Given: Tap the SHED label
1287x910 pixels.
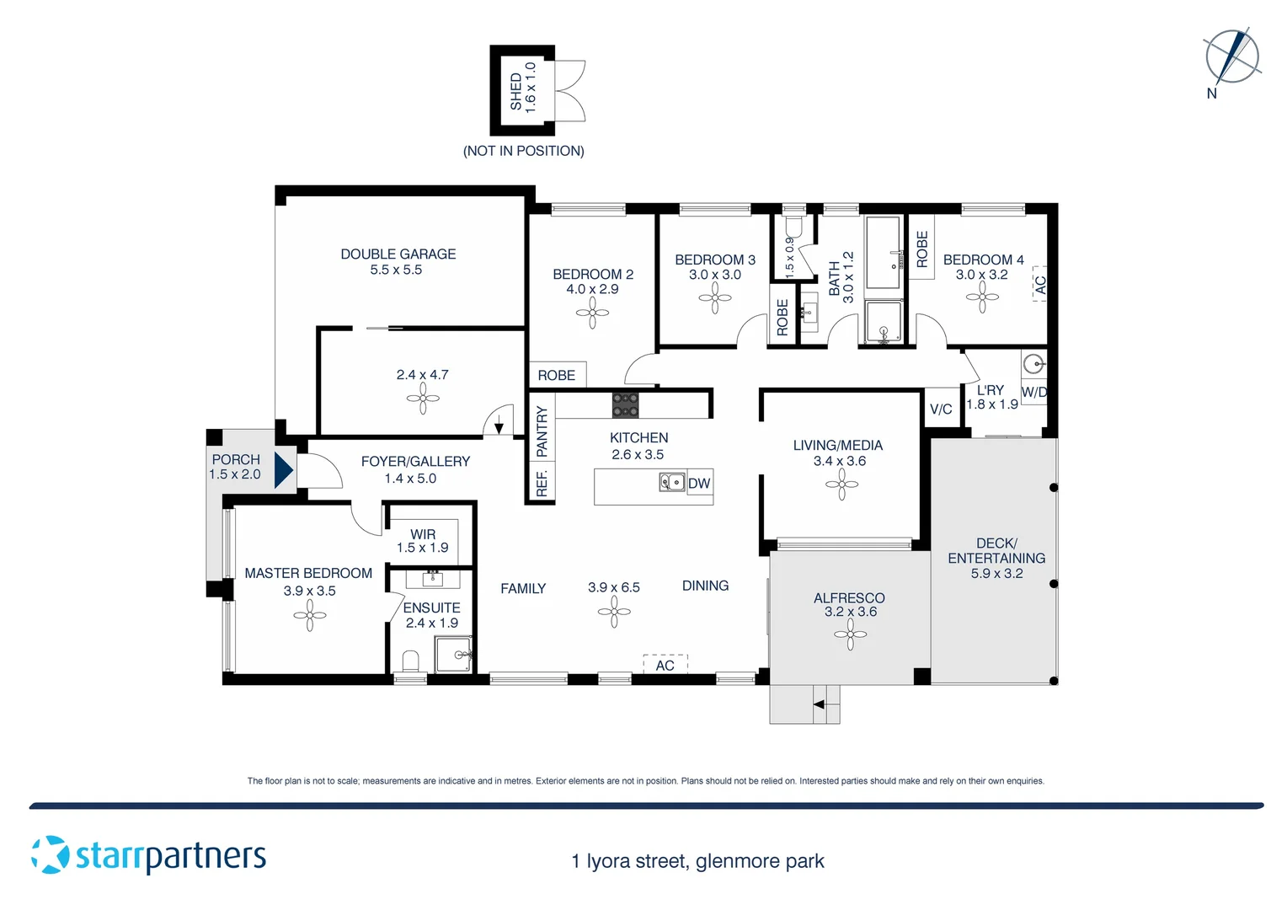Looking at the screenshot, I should [x=515, y=90].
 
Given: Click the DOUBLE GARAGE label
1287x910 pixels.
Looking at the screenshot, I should [x=398, y=254].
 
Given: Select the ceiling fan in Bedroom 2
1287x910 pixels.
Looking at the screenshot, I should [x=592, y=313].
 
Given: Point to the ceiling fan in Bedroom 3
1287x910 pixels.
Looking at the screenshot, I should [x=714, y=297].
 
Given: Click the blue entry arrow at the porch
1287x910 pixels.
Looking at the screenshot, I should [x=284, y=469].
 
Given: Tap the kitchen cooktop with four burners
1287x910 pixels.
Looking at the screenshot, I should [x=625, y=405].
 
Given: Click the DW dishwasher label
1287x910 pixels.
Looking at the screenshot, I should [x=699, y=484].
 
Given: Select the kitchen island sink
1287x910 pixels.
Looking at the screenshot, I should [x=671, y=482].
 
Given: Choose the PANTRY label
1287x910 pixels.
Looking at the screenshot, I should [x=542, y=431].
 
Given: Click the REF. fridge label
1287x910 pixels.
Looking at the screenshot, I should [x=542, y=484].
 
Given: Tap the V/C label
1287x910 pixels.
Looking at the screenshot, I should [x=941, y=409].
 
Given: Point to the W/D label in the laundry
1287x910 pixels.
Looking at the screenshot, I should [x=1033, y=392].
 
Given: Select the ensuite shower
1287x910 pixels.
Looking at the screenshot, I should [x=453, y=654].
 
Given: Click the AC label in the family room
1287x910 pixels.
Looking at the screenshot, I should [x=665, y=665].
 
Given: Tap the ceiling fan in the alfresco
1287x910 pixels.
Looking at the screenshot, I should [x=850, y=634].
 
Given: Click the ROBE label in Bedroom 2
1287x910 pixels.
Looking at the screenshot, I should [x=557, y=375].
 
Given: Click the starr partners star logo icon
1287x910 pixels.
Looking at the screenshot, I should [x=51, y=854].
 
